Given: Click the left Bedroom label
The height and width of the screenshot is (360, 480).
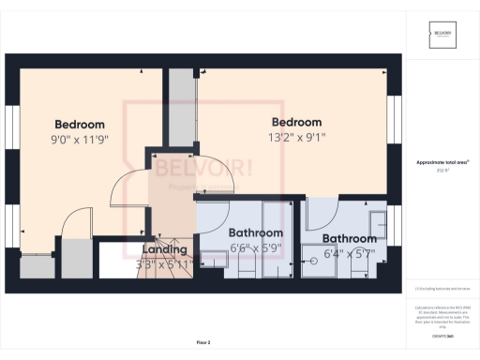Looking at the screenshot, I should point(80,125).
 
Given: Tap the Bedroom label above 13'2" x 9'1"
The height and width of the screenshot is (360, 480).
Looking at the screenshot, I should point(296,122).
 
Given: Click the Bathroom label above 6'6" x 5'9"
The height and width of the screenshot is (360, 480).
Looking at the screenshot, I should point(256,232).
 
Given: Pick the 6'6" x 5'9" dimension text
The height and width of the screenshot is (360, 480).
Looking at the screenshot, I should point(256,248).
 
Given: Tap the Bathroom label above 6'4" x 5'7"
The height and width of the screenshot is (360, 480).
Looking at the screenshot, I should point(349,238).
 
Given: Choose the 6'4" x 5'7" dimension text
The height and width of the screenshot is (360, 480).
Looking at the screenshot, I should point(349,253).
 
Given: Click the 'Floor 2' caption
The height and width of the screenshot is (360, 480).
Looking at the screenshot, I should point(203,342).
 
